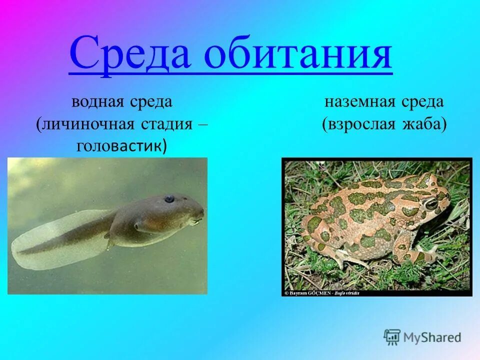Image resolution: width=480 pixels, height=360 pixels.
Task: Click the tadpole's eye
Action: click(170, 199)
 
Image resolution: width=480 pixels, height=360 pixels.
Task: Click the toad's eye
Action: click(430, 204)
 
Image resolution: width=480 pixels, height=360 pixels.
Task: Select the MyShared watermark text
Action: click(432, 337)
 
